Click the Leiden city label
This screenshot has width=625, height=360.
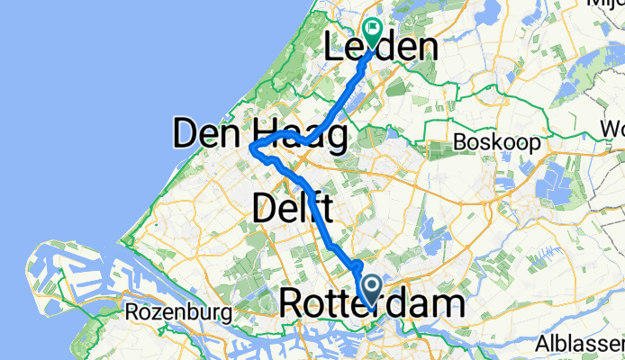380,47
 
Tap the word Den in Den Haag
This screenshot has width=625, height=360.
203,136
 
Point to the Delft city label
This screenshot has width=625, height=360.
288,209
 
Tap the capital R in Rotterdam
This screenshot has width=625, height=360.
293,304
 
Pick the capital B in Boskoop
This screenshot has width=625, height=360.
461,142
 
